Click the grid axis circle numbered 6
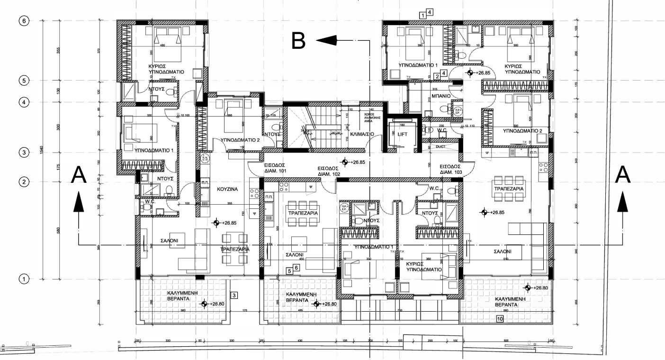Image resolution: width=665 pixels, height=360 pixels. (x=24, y=21)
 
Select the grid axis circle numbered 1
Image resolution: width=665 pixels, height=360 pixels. (x=24, y=279)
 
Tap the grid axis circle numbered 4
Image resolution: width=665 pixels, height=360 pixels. (x=24, y=102)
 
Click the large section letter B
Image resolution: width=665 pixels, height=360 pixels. (x=299, y=41)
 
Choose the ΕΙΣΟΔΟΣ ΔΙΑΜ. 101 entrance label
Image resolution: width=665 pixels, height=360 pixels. (x=276, y=170)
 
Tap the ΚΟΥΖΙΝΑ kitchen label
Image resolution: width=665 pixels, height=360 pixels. (x=227, y=189)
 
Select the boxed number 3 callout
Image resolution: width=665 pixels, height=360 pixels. (x=234, y=295)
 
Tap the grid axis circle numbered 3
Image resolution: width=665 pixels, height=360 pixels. (x=24, y=152)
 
